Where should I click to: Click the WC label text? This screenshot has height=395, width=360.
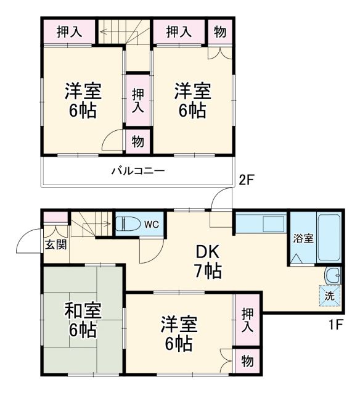tap(151, 225)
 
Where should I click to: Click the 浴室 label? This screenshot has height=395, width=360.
tap(303, 238)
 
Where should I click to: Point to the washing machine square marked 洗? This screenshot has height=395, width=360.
tap(330, 296)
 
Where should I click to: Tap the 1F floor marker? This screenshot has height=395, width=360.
tap(335, 323)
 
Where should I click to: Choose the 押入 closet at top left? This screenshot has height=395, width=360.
tap(67, 31)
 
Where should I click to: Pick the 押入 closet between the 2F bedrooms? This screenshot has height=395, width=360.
tap(137, 99)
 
